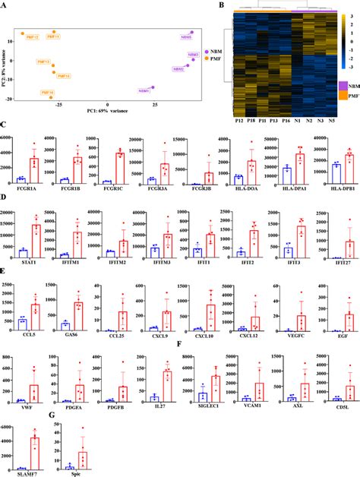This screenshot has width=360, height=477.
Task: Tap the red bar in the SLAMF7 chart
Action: [33, 454]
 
